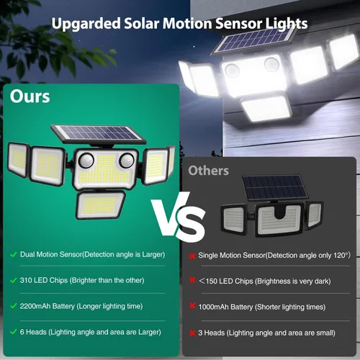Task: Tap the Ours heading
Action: tap(30, 96)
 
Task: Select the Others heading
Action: tap(208, 171)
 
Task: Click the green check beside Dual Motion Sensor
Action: tap(13, 254)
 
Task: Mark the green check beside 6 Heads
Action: tap(13, 331)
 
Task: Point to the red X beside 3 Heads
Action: tap(192, 332)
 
